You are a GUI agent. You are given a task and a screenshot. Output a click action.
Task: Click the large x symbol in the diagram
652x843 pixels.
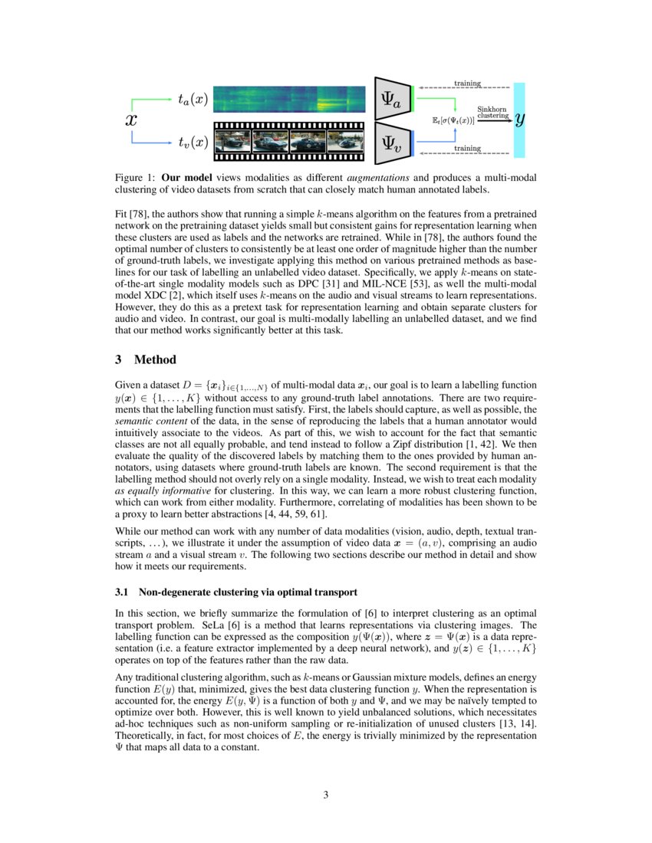(x=131, y=120)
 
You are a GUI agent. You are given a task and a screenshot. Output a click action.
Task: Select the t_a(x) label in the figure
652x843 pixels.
(x=192, y=99)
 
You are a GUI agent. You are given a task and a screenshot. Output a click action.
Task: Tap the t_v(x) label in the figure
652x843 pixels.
(x=192, y=142)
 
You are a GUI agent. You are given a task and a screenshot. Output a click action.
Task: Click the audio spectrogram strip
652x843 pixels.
(x=290, y=100)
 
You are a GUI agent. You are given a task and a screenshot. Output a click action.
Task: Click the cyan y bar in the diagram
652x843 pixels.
(x=520, y=120)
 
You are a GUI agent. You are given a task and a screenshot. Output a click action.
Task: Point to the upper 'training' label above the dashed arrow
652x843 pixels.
(x=468, y=83)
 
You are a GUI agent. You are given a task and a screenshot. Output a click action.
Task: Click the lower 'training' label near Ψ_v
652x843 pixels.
(x=468, y=148)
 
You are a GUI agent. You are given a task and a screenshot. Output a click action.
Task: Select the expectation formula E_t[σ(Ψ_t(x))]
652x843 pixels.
(x=454, y=121)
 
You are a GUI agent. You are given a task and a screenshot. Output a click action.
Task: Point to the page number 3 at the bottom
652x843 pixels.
(x=326, y=795)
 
